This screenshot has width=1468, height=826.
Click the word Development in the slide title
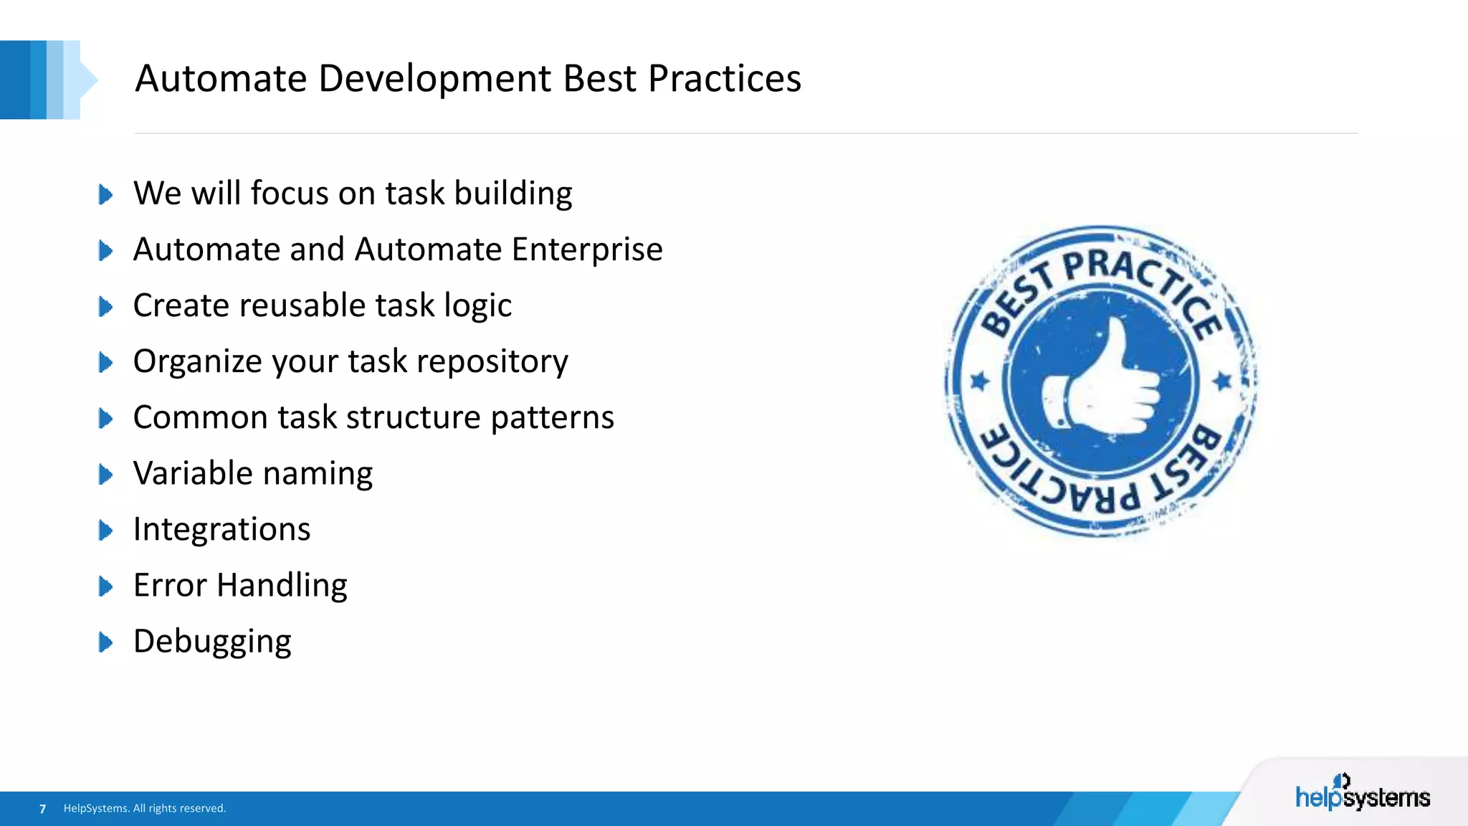click(x=434, y=79)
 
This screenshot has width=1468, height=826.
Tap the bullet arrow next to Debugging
click(x=105, y=642)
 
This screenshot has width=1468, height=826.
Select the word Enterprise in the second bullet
click(x=587, y=250)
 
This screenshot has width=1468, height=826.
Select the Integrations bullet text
click(x=221, y=530)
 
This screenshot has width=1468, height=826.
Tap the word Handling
click(x=282, y=586)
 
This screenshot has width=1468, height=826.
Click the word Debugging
click(x=212, y=642)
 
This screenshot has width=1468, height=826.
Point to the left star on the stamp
click(x=980, y=381)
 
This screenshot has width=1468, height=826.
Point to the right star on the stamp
click(x=1223, y=381)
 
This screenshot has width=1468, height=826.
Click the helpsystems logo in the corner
click(x=1362, y=794)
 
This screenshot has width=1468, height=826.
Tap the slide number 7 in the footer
click(x=43, y=809)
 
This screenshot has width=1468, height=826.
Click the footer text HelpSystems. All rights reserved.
click(x=145, y=809)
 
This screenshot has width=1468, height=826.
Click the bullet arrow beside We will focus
click(x=105, y=194)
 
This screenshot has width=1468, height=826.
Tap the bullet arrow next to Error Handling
click(x=105, y=586)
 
